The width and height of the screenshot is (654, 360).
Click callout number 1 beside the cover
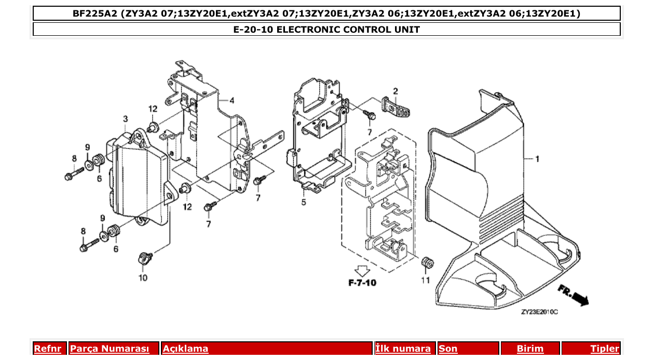tap(537, 159)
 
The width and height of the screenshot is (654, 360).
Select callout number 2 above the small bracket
tap(396, 91)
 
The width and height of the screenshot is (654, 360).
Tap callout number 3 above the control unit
tap(126, 119)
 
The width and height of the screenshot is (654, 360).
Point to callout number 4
tap(231, 100)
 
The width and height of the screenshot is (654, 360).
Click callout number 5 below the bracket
tap(304, 202)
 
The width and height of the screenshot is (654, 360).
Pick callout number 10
tap(143, 278)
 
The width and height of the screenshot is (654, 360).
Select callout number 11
tap(426, 281)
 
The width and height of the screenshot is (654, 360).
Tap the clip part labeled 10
tap(145, 257)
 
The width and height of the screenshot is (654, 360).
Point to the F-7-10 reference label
tap(362, 283)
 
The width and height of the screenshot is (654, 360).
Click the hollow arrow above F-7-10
tap(362, 270)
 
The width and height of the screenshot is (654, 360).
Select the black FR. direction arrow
tap(574, 294)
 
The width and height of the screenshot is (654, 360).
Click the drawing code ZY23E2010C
tap(539, 312)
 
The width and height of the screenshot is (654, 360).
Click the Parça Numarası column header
tap(110, 349)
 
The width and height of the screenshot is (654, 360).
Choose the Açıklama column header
tap(186, 349)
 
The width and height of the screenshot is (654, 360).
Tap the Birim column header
tap(530, 349)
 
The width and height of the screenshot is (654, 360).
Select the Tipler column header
tap(605, 349)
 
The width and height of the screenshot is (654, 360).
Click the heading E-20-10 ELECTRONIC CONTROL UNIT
tap(326, 30)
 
